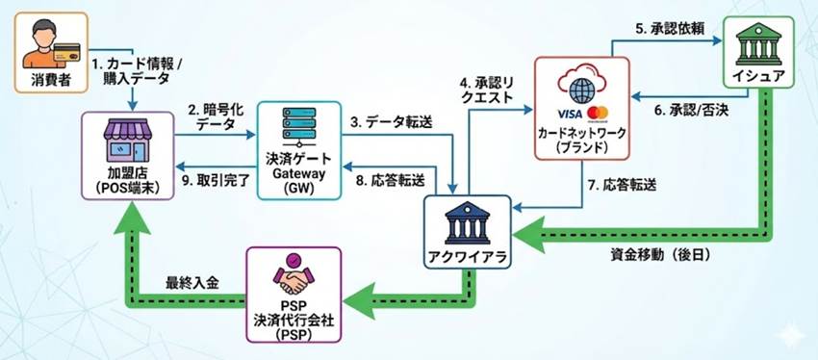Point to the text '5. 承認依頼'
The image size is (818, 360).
click(671, 28)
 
